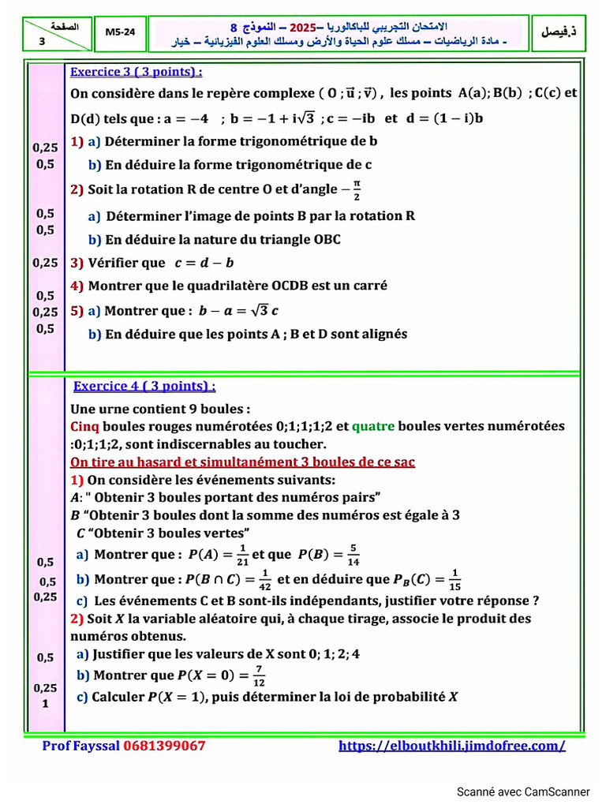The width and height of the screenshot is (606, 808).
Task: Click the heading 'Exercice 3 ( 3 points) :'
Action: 137,72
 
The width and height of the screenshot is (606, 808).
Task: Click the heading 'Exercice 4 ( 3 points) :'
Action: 144,386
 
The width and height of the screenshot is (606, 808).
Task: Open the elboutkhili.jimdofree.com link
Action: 452,746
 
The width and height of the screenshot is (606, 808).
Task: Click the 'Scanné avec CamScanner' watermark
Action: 523,791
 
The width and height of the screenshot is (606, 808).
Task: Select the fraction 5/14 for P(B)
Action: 353,555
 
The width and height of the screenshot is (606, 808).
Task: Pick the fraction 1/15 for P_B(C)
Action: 455,580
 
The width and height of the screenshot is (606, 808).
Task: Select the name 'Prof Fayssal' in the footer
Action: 80,746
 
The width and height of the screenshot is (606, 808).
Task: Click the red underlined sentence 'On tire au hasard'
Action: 243,462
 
